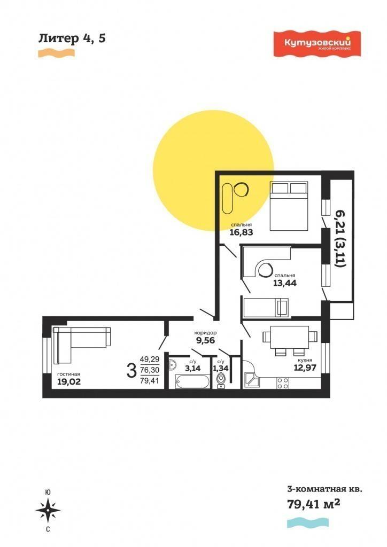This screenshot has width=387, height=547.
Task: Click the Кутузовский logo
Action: click(x=317, y=44)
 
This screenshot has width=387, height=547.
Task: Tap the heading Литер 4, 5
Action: click(x=72, y=38)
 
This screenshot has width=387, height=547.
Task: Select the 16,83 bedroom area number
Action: click(x=241, y=232)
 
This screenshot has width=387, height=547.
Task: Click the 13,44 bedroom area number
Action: click(x=285, y=283)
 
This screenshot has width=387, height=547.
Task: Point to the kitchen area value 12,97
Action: click(x=305, y=367)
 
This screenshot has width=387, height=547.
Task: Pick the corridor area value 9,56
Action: click(x=206, y=340)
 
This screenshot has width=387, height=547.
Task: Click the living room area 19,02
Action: click(x=69, y=381)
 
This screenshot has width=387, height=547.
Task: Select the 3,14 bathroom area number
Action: click(x=192, y=369)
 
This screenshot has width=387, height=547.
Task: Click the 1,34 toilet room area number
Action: click(x=221, y=369)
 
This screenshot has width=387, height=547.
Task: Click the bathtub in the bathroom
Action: click(x=189, y=381)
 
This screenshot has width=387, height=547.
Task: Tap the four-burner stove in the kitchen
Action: click(x=283, y=383)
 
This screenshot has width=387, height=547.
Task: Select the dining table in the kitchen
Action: click(x=290, y=337)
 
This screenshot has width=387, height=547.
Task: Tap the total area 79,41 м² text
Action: click(x=313, y=504)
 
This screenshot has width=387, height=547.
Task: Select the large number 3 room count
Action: click(x=131, y=370)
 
